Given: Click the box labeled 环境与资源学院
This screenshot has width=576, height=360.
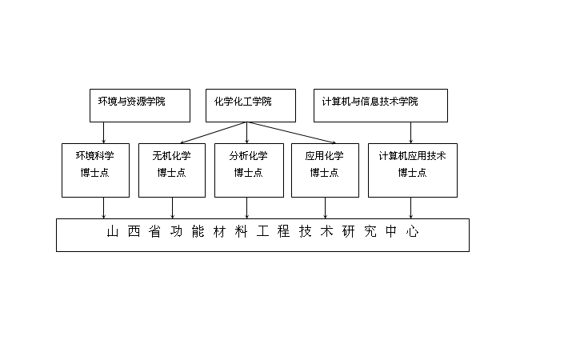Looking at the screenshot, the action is pyautogui.click(x=140, y=106).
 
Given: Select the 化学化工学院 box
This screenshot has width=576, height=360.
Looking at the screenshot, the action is pyautogui.click(x=250, y=106).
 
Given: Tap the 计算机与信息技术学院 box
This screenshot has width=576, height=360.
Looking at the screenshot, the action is pyautogui.click(x=381, y=106).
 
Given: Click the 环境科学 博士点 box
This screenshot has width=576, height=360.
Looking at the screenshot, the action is pyautogui.click(x=95, y=170).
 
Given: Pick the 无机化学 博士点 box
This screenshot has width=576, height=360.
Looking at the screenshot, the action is pyautogui.click(x=172, y=170).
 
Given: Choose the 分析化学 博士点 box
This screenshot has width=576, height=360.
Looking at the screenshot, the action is pyautogui.click(x=249, y=170).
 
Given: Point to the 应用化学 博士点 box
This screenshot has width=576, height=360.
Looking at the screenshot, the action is pyautogui.click(x=325, y=170).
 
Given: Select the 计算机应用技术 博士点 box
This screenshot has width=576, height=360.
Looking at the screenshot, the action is pyautogui.click(x=413, y=170).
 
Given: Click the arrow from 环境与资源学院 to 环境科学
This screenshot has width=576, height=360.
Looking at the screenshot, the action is pyautogui.click(x=103, y=133).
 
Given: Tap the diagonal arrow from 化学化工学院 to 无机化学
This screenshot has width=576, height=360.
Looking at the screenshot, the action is pyautogui.click(x=213, y=132).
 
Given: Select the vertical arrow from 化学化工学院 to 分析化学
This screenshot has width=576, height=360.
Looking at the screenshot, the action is pyautogui.click(x=247, y=133).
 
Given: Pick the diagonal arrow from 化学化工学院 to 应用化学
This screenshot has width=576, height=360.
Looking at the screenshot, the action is pyautogui.click(x=291, y=132).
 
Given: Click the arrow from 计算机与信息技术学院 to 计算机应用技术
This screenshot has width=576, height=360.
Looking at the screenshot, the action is pyautogui.click(x=410, y=133).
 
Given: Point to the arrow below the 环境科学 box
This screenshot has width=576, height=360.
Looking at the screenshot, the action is pyautogui.click(x=103, y=208).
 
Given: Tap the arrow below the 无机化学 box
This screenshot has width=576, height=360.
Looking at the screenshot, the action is pyautogui.click(x=172, y=208).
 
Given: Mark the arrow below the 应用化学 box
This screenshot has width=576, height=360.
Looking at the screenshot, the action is pyautogui.click(x=325, y=208).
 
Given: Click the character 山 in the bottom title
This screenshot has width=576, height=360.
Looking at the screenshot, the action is pyautogui.click(x=113, y=232).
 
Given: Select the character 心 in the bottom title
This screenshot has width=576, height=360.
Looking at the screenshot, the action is pyautogui.click(x=413, y=232).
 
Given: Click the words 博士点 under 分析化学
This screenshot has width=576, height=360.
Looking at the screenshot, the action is pyautogui.click(x=248, y=172).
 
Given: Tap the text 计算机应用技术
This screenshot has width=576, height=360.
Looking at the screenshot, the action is pyautogui.click(x=412, y=156).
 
